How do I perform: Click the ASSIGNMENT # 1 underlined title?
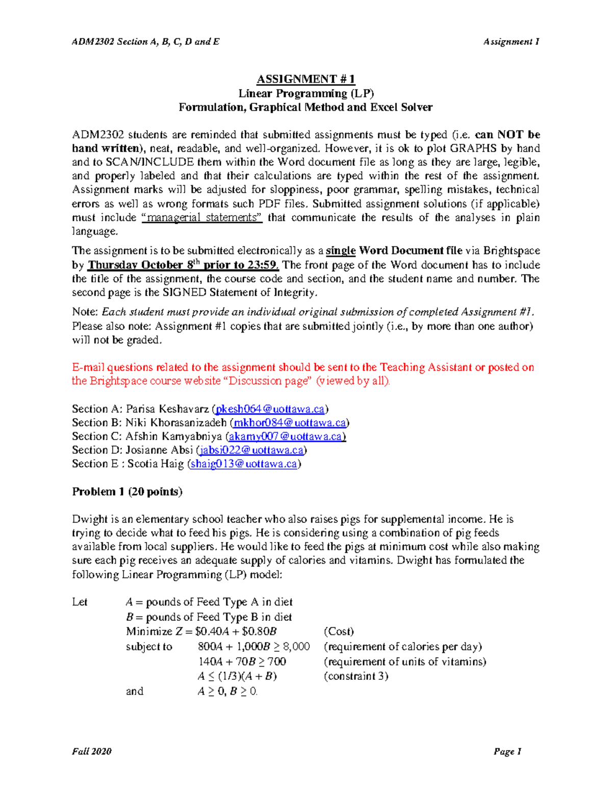(305, 79)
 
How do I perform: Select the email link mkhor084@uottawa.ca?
(290, 423)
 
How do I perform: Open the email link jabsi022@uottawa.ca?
(252, 450)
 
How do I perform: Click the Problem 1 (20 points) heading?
(127, 492)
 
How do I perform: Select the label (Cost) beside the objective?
(339, 631)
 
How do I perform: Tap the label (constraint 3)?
(356, 676)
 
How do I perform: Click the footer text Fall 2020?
(92, 751)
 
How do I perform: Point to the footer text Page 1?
(507, 751)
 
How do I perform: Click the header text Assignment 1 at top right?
(511, 42)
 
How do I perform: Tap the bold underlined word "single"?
(340, 251)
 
